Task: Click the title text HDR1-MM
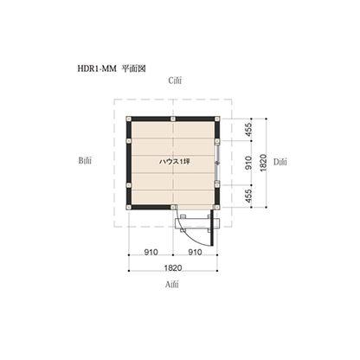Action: [97, 68]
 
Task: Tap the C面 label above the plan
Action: [175, 80]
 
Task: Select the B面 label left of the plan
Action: [85, 160]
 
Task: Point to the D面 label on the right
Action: [280, 162]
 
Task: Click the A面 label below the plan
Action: [172, 285]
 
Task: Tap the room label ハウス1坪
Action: [175, 162]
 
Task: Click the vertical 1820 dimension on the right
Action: [263, 163]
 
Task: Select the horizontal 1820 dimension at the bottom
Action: [173, 268]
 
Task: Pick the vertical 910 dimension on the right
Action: [248, 163]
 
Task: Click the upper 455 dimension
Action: [248, 130]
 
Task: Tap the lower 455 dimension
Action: [248, 196]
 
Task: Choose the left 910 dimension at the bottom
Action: [151, 252]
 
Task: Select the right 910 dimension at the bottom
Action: [195, 252]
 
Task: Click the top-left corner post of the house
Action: [129, 119]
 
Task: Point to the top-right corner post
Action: [217, 119]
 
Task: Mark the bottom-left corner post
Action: [129, 207]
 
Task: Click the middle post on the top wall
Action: [173, 119]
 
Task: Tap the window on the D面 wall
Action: [218, 163]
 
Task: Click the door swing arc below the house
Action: [188, 234]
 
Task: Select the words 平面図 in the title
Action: [133, 68]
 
